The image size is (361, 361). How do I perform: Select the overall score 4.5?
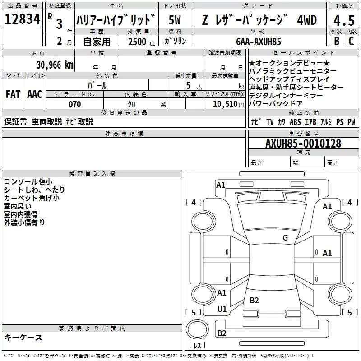[343, 20]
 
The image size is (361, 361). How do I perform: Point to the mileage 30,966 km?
[55, 65]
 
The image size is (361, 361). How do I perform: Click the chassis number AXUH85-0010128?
[303, 143]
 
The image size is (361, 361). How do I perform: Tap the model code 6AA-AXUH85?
[259, 42]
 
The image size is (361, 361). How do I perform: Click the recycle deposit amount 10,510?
[224, 105]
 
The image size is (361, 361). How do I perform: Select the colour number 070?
[74, 105]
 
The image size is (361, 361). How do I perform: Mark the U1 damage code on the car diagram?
[222, 309]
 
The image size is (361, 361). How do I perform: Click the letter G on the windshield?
[285, 238]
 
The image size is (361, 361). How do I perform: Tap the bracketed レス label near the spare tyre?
[197, 346]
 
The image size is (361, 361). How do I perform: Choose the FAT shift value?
[13, 94]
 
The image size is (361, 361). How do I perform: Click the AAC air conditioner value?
[34, 94]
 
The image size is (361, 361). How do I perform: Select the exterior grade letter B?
[336, 41]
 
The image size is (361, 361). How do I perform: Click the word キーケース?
[23, 337]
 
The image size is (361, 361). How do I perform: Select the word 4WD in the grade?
[306, 20]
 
